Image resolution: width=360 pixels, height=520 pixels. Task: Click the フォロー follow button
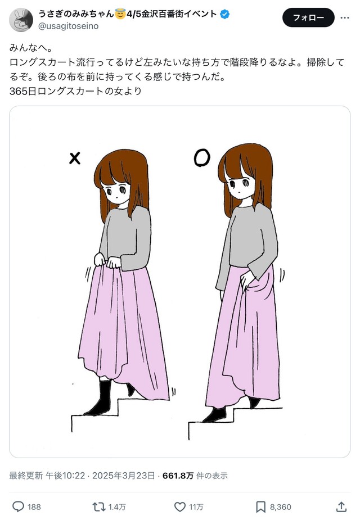point(308,17)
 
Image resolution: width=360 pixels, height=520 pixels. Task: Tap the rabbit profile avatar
point(21,20)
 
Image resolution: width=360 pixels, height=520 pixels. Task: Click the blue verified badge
point(224,14)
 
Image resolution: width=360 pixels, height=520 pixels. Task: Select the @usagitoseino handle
point(69,26)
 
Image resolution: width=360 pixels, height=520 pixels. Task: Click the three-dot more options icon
point(345,17)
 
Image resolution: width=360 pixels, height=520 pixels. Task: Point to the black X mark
point(75,158)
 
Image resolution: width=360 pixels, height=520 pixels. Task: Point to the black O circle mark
point(202,157)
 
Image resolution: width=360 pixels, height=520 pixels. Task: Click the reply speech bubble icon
point(18,507)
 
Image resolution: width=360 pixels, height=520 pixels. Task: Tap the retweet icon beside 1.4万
point(99,507)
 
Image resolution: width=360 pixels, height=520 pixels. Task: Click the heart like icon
point(180,507)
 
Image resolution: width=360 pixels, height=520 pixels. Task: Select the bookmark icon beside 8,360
point(260,507)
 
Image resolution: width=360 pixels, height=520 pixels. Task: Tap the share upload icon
point(341,507)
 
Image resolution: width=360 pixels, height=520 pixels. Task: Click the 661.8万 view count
point(178,476)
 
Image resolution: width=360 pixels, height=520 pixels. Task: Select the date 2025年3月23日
point(123,476)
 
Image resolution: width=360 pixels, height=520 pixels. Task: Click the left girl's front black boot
point(99,397)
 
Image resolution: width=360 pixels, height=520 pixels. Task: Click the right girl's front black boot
point(215,414)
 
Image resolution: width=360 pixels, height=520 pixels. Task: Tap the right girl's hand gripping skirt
point(247,283)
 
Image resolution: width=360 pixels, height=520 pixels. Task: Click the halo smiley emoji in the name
point(120,14)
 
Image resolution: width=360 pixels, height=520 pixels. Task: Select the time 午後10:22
point(65,476)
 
